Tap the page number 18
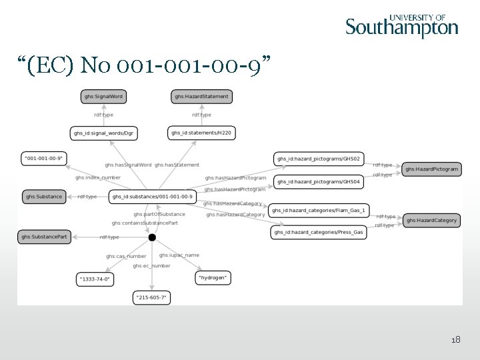pyautogui.click(x=455, y=340)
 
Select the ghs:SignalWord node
pyautogui.click(x=103, y=97)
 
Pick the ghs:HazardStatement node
pyautogui.click(x=201, y=97)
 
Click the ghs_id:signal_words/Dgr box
pyautogui.click(x=103, y=133)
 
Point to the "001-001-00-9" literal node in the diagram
pyautogui.click(x=43, y=159)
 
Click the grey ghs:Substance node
pyautogui.click(x=44, y=197)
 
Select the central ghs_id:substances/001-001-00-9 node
pyautogui.click(x=153, y=197)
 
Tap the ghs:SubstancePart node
pyautogui.click(x=44, y=237)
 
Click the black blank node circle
pyautogui.click(x=152, y=237)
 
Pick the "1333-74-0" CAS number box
pyautogui.click(x=95, y=279)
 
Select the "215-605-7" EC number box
pyautogui.click(x=152, y=297)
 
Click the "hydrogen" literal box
pyautogui.click(x=213, y=277)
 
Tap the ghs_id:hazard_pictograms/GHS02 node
pyautogui.click(x=319, y=159)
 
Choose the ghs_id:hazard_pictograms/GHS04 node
pyautogui.click(x=319, y=181)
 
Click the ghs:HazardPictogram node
pyautogui.click(x=432, y=169)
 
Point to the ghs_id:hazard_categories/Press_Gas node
pyautogui.click(x=319, y=233)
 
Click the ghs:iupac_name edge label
pyautogui.click(x=179, y=255)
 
